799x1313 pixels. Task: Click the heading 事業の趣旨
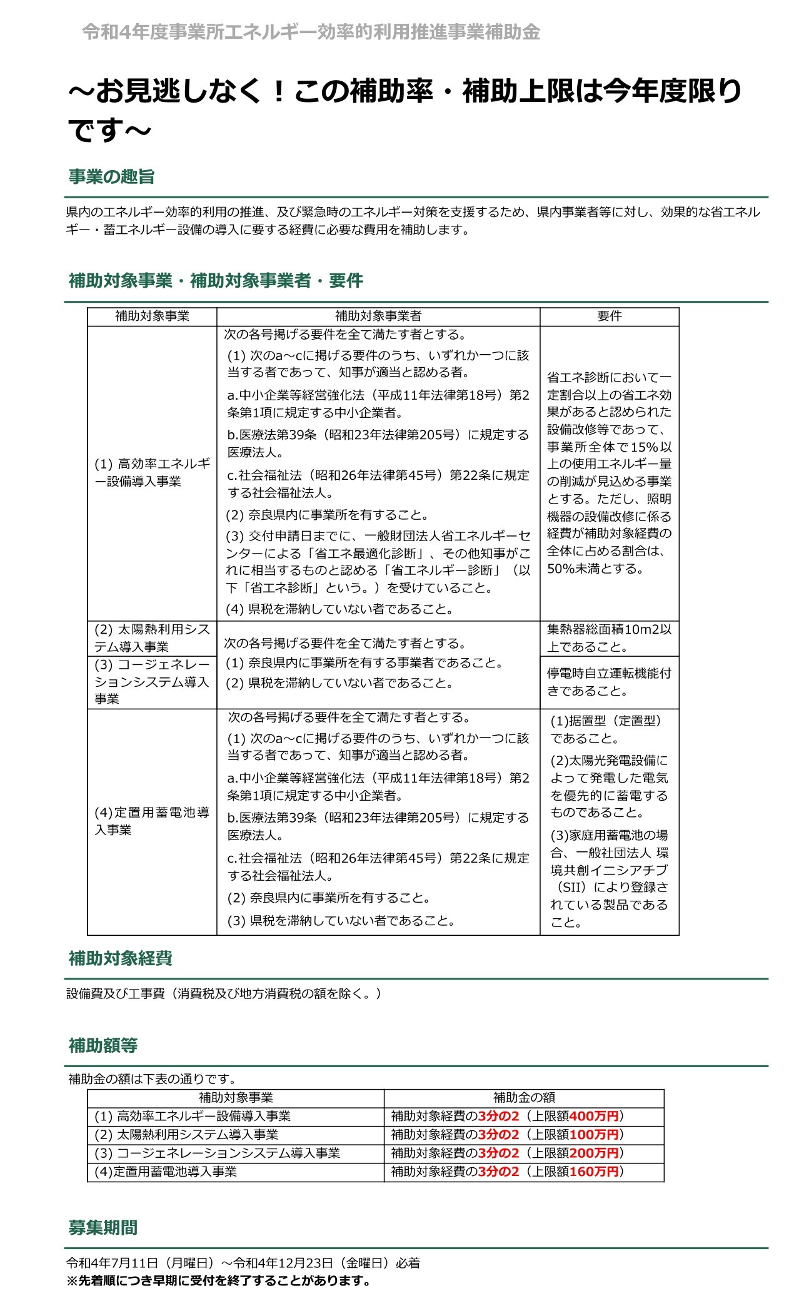[x=111, y=177]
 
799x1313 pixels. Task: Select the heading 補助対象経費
[x=120, y=958]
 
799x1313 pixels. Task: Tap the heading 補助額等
[x=103, y=1045]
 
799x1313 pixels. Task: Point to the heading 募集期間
[x=103, y=1228]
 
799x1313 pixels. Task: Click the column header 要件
[x=609, y=317]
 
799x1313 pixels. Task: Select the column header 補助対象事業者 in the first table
[x=378, y=317]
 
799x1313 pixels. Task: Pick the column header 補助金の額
[x=523, y=1097]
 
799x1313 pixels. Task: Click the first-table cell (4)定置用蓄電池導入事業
[x=151, y=821]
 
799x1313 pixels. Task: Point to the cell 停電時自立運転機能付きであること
[x=609, y=682]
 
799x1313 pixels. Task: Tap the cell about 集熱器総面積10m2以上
[x=609, y=638]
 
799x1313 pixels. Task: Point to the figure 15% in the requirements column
[x=645, y=447]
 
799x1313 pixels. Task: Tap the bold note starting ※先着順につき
[x=219, y=1280]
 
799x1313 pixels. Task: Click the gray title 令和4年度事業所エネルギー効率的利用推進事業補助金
[x=311, y=33]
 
